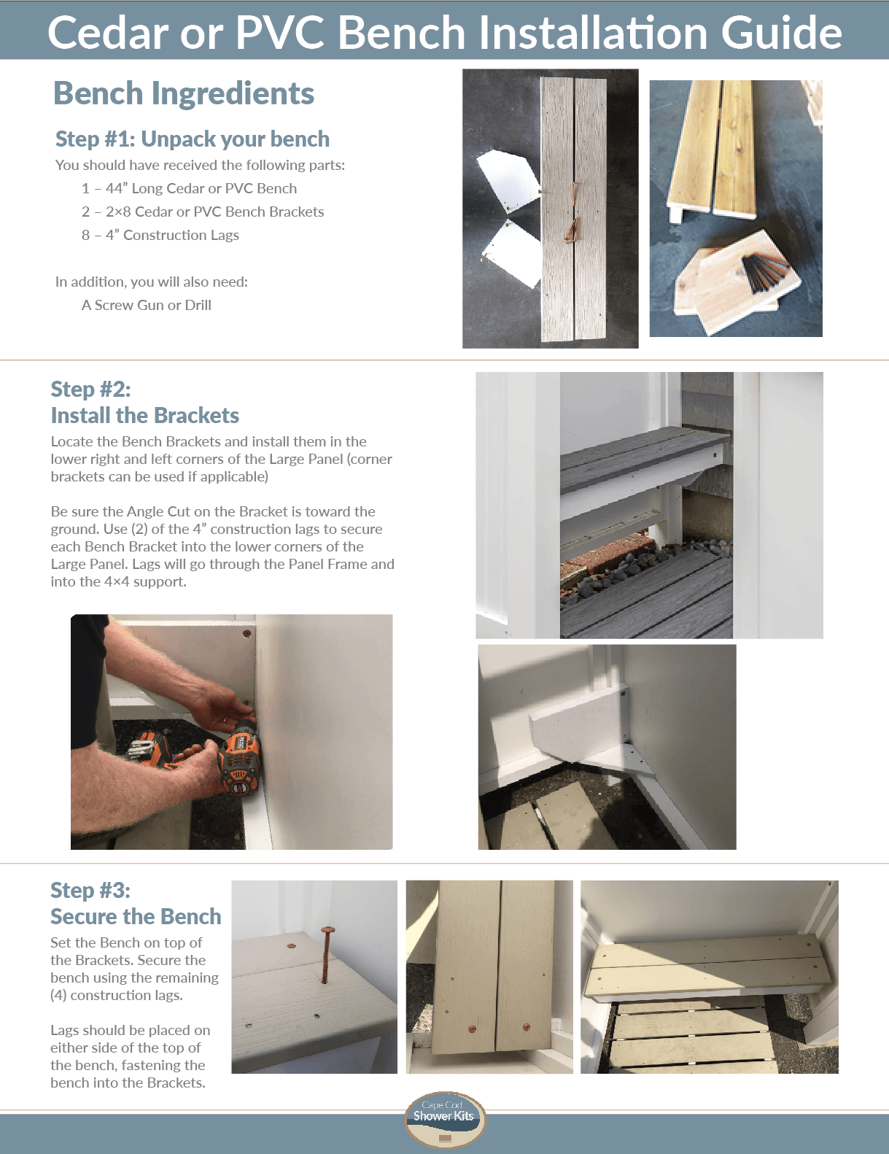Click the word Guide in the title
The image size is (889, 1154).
tap(781, 33)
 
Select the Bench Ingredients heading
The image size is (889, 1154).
tap(184, 93)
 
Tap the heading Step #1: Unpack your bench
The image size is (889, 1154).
tap(193, 139)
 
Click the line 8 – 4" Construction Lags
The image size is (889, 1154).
tap(160, 235)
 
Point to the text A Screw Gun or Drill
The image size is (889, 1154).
tap(147, 305)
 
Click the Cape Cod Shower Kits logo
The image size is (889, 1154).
tap(444, 1120)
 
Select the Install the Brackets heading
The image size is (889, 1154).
tap(145, 415)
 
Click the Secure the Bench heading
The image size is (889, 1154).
tap(136, 916)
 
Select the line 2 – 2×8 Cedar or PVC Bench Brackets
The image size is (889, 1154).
tap(203, 212)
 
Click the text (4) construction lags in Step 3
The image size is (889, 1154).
tap(117, 995)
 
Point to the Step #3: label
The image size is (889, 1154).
tap(90, 890)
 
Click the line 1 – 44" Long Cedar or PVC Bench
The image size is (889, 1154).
tap(190, 188)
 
